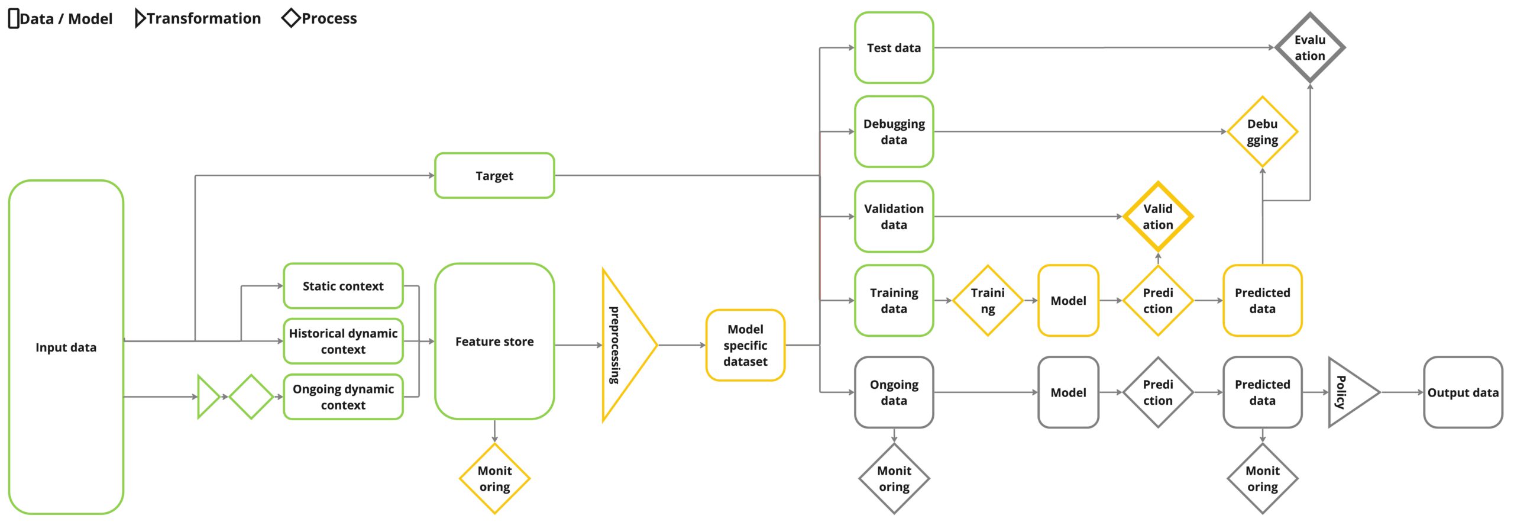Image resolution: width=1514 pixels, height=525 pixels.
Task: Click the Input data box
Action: (x=66, y=347)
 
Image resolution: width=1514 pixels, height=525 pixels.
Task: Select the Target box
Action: (x=494, y=175)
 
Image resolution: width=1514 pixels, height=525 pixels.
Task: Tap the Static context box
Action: (x=343, y=286)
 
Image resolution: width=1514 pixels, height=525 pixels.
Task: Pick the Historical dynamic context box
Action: (x=343, y=341)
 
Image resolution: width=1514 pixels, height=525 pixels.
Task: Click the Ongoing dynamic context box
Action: (x=343, y=397)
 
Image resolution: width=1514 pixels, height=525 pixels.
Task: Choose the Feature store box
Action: (x=494, y=342)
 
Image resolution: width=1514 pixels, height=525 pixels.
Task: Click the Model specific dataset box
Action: (x=745, y=345)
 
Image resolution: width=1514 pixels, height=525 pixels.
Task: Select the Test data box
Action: (x=894, y=47)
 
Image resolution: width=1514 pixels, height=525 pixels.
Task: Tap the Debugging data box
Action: (x=894, y=131)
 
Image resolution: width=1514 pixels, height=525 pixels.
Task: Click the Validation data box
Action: (x=894, y=217)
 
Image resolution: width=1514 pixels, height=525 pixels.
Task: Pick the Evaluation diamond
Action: (x=1310, y=47)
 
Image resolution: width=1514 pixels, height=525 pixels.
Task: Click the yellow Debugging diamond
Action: (x=1263, y=131)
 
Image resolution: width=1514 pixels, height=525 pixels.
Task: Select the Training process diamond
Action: (x=988, y=301)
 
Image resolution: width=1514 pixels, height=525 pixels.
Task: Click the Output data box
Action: (x=1463, y=392)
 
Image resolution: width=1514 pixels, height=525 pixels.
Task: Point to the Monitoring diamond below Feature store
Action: (x=494, y=478)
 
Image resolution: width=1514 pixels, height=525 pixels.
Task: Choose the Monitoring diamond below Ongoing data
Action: (x=894, y=478)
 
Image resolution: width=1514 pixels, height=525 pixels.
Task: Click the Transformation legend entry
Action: (x=198, y=18)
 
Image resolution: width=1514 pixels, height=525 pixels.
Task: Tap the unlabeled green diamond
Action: (x=251, y=397)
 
